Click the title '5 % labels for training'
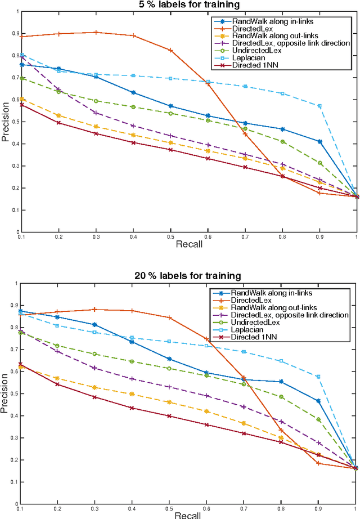coord(189,5)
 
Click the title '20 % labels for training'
coord(189,276)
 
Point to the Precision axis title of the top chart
coord(6,121)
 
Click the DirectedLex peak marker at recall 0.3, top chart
coord(96,32)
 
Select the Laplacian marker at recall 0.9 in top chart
coord(319,106)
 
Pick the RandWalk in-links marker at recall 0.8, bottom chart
coord(282,382)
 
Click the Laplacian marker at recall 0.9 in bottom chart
coord(318,377)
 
